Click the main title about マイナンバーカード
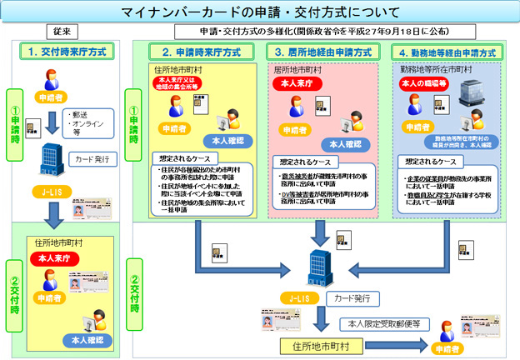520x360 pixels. (x=259, y=12)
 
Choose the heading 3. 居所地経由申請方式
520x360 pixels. (x=323, y=52)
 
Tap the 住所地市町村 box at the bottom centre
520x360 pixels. (x=320, y=343)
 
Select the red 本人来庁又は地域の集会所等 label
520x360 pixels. (x=176, y=84)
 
